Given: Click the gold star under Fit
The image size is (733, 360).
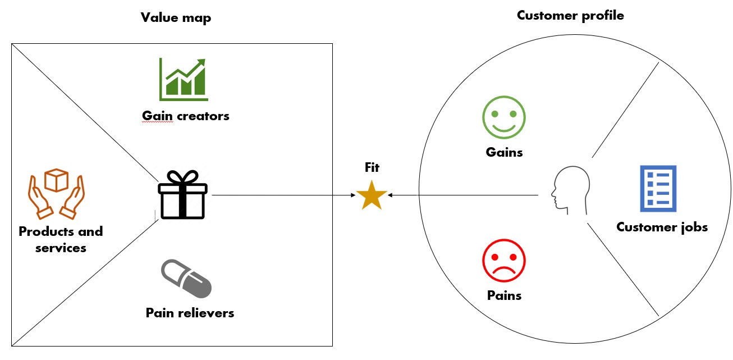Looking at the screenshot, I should click(x=372, y=196).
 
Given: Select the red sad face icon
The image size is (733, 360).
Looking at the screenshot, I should click(x=503, y=261).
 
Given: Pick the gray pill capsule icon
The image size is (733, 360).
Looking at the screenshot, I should click(x=186, y=279).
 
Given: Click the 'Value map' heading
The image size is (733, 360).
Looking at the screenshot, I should click(x=176, y=18).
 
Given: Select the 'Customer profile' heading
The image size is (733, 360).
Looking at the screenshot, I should click(x=570, y=15).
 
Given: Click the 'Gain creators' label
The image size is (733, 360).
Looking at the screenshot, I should click(x=186, y=116).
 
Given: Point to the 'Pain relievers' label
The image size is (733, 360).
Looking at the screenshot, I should click(x=190, y=313).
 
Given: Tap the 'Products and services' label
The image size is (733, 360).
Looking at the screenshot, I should click(x=61, y=239).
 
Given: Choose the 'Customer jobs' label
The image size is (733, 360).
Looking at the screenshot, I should click(x=662, y=227).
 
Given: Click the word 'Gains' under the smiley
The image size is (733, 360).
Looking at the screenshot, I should click(x=504, y=152).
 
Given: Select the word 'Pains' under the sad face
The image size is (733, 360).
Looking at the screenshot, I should click(x=504, y=295).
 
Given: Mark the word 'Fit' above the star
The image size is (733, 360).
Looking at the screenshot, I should click(x=372, y=167).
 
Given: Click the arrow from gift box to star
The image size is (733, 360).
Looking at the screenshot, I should click(x=281, y=195).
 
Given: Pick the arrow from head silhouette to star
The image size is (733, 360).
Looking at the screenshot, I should click(x=466, y=195).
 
